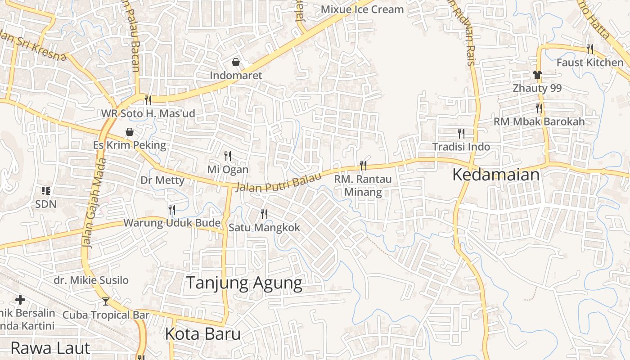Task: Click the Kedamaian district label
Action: click(x=495, y=175)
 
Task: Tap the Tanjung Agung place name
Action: click(x=244, y=283)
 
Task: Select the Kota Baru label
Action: click(x=202, y=334)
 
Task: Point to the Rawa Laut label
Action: click(x=50, y=348)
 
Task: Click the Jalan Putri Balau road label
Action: click(x=279, y=182)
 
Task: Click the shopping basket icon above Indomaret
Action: click(x=235, y=62)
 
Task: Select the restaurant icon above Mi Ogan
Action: click(x=228, y=156)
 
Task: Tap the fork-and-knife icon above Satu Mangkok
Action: click(x=264, y=214)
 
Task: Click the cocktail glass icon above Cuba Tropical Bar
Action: click(x=106, y=301)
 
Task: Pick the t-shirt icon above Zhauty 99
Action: click(x=537, y=75)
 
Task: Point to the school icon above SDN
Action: click(x=45, y=191)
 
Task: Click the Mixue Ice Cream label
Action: click(x=362, y=9)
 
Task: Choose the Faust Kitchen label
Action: click(x=590, y=63)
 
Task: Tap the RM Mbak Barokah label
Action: click(x=539, y=121)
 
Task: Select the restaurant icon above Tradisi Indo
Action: click(x=461, y=133)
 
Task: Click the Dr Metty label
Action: click(x=162, y=180)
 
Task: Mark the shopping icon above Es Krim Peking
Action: click(x=130, y=132)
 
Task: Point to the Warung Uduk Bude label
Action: click(x=172, y=223)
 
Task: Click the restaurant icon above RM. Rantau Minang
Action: click(x=363, y=166)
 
